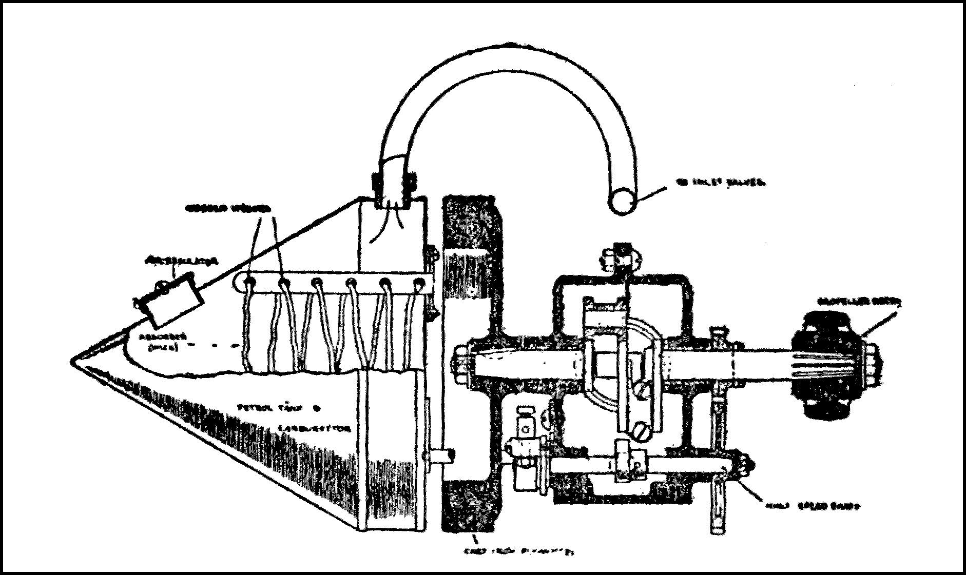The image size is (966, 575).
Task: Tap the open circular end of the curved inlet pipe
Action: [623, 202]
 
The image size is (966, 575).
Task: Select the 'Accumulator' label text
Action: [182, 261]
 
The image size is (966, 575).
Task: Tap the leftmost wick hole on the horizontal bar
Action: [249, 282]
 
